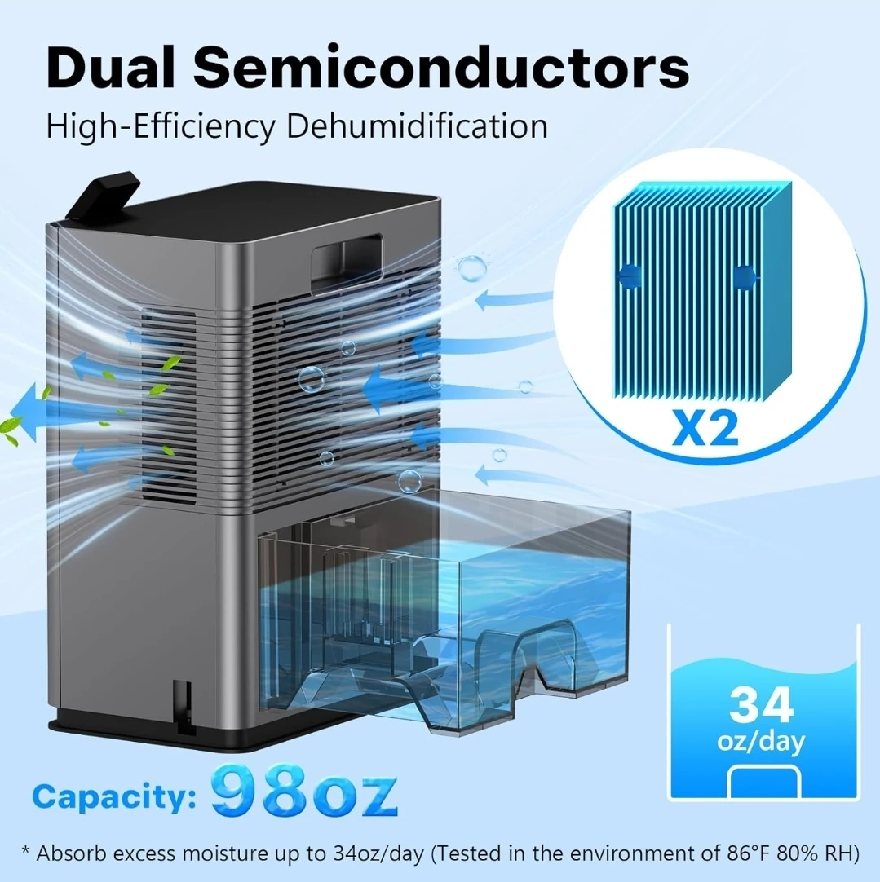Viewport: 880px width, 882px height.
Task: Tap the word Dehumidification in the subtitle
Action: click(417, 126)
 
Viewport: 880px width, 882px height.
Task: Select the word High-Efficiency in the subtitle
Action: click(161, 127)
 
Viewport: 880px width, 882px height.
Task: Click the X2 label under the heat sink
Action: click(705, 430)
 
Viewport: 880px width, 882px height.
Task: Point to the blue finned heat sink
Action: click(702, 290)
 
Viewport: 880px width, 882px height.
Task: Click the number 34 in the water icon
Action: click(762, 705)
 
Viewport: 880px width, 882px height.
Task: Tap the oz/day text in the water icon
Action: click(761, 742)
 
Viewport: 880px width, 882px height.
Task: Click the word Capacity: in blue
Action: click(114, 797)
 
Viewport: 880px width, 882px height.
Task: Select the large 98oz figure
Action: click(304, 791)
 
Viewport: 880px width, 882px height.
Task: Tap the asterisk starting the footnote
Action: click(26, 849)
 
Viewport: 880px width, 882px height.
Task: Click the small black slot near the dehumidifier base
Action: click(184, 707)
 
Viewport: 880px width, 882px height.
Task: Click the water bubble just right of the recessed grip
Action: click(471, 267)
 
